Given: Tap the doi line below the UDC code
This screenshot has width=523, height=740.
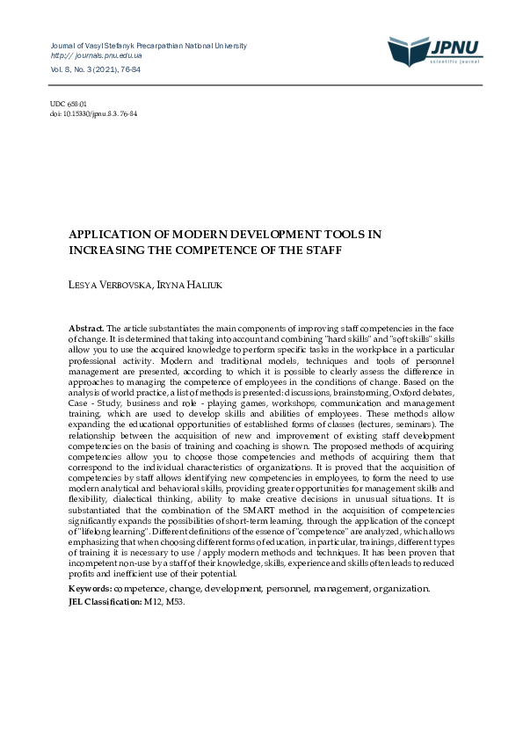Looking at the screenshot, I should (93, 113).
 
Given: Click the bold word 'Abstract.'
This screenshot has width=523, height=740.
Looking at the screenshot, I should (86, 328).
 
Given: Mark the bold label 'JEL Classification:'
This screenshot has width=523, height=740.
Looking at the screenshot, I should (105, 602).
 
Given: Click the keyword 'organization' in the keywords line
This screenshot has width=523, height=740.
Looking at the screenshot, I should (403, 587).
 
